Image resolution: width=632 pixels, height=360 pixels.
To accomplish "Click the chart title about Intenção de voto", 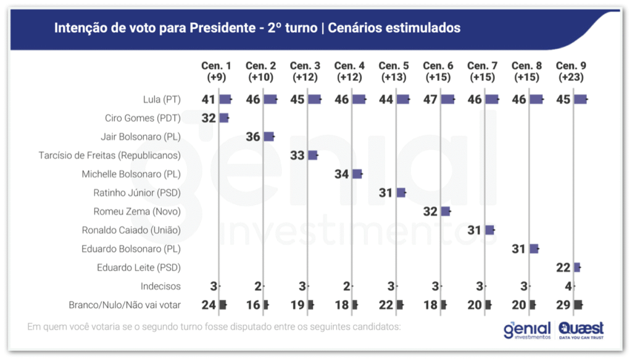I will (257, 28).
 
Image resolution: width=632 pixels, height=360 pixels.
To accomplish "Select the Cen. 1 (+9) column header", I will (216, 71).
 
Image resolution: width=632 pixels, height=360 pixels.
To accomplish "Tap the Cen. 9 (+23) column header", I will (571, 71).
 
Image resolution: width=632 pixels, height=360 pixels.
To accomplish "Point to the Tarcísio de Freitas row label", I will (109, 155).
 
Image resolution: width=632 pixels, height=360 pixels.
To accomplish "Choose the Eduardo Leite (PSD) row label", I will (139, 267).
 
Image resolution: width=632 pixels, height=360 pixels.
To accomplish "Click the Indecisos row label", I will (160, 286).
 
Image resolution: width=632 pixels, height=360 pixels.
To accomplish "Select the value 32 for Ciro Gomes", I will (209, 118).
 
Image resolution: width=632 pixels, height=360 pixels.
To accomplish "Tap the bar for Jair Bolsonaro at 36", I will (269, 136).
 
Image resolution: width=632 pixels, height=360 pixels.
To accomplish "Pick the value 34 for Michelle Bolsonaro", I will (342, 174).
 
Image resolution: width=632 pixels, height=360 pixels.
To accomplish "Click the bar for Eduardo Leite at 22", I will (578, 267).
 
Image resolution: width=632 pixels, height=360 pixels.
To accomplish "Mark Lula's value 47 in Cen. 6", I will (431, 99).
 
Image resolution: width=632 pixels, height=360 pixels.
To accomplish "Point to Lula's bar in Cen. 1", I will (225, 99).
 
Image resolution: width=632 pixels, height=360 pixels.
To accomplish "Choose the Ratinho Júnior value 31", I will (386, 193).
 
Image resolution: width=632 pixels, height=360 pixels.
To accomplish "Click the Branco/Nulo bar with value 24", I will (223, 304).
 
